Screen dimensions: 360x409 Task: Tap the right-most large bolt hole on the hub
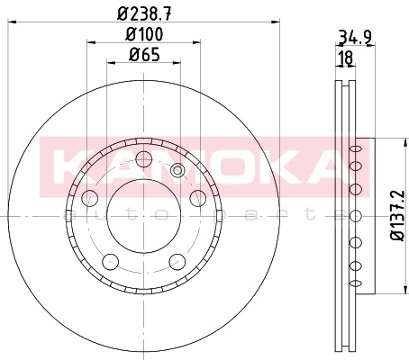click(198, 198)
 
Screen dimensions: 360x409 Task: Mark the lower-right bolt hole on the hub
click(177, 262)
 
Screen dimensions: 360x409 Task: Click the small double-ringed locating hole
click(177, 171)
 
